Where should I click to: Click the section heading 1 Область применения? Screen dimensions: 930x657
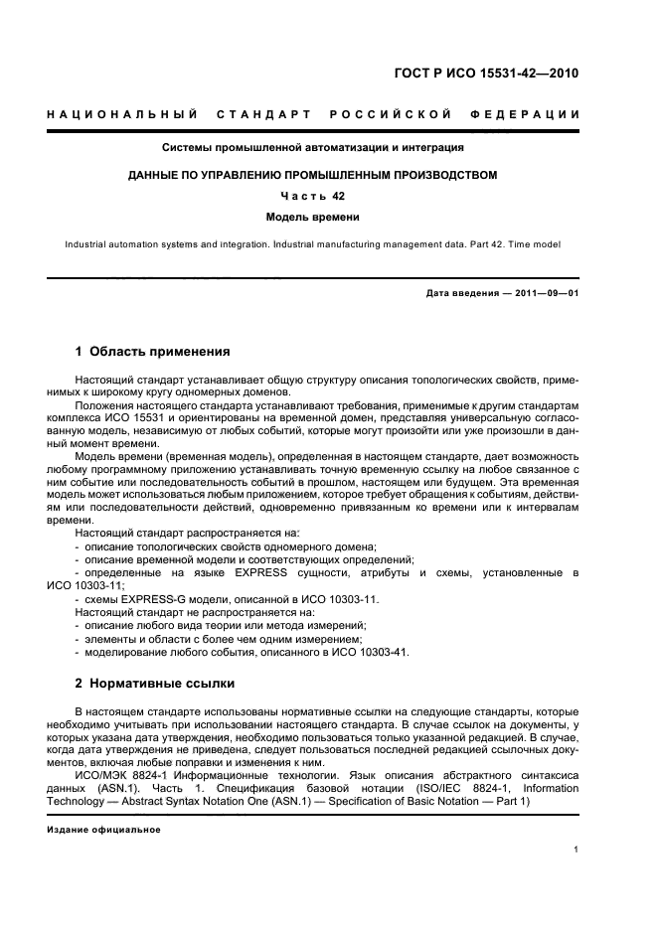click(153, 351)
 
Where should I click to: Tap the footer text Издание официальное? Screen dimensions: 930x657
click(103, 829)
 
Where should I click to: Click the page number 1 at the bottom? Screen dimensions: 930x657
click(576, 850)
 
